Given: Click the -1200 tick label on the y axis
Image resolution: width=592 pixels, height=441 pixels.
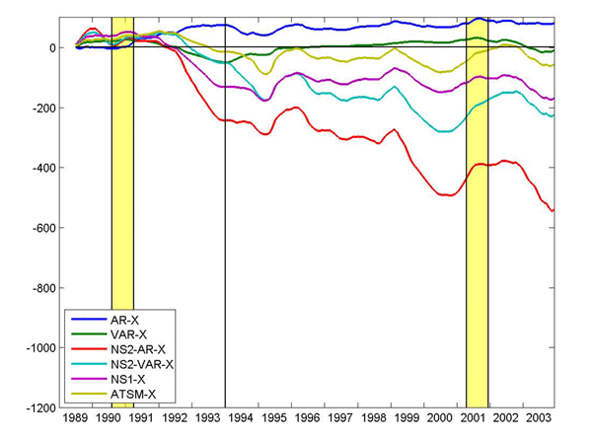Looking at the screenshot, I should [39, 408].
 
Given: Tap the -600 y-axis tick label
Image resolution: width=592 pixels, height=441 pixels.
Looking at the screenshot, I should [43, 228].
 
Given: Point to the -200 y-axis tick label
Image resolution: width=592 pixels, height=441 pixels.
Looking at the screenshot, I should [43, 108].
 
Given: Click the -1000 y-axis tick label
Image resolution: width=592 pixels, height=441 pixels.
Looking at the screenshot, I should [39, 348].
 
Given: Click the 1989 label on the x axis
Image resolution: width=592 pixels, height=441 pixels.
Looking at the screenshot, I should [78, 420].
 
